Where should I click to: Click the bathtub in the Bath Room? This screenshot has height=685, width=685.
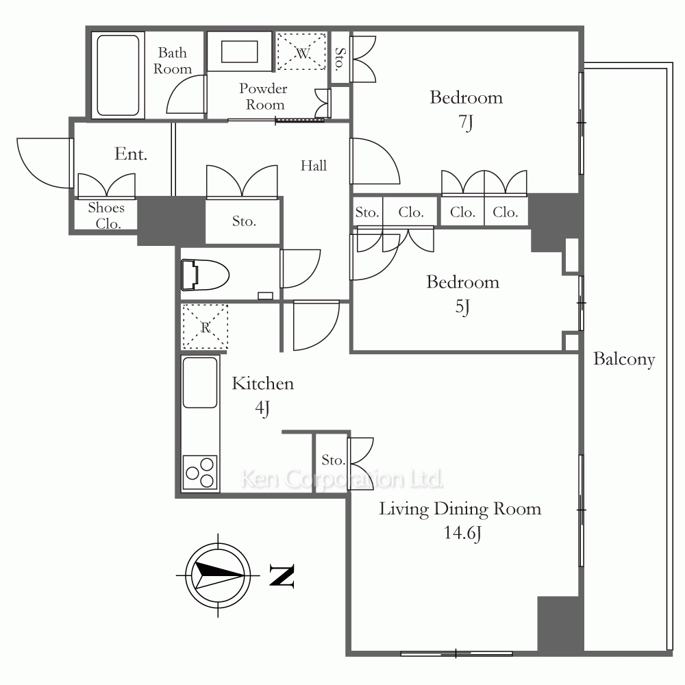click(x=118, y=75)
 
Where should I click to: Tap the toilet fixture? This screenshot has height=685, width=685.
click(x=205, y=275)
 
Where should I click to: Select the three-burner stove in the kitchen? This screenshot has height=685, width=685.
click(x=200, y=472)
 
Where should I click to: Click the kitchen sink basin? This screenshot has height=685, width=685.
click(x=199, y=383)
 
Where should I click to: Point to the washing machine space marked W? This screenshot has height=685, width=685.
click(x=301, y=51)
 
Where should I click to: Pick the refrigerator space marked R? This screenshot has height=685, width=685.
click(x=205, y=327)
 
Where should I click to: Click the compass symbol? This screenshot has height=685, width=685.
click(x=218, y=575)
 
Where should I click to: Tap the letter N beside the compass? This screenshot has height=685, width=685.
click(x=282, y=576)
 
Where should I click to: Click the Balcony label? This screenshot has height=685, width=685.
click(x=624, y=360)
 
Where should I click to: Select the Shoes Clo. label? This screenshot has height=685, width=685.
click(x=106, y=215)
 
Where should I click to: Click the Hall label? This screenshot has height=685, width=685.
click(x=314, y=166)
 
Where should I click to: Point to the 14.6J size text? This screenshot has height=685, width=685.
click(x=462, y=533)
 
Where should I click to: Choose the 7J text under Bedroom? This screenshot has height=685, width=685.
click(x=466, y=123)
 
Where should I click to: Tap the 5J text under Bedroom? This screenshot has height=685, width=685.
click(x=462, y=307)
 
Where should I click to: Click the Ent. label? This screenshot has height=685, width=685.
click(x=131, y=153)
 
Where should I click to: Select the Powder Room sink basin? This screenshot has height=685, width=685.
click(x=239, y=52)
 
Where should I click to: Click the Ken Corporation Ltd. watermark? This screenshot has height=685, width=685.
click(x=342, y=480)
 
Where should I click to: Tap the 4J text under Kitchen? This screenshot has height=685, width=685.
click(x=262, y=408)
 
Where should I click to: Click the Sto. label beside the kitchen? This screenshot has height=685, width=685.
click(x=333, y=460)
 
